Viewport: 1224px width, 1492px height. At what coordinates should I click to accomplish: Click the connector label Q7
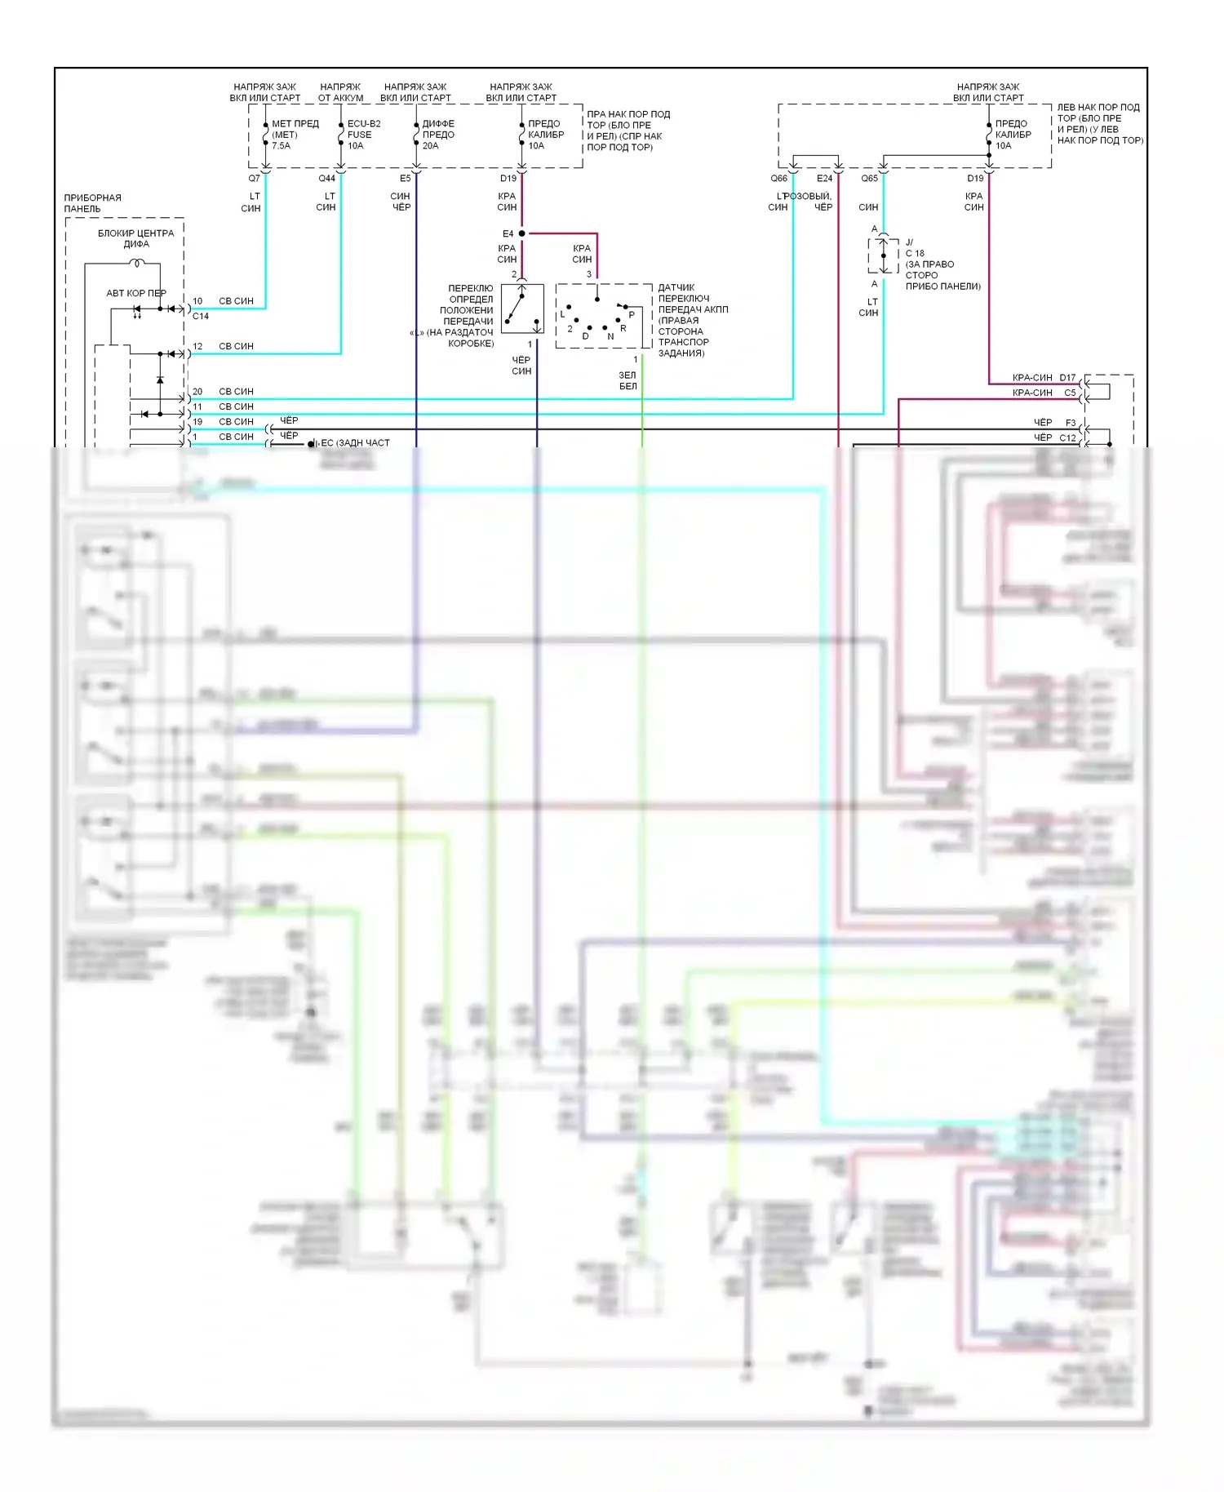(x=254, y=178)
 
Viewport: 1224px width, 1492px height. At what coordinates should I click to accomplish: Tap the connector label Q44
(x=326, y=178)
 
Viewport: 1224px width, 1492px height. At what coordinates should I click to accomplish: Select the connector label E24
(x=824, y=178)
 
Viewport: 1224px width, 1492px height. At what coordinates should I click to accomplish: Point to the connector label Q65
(x=869, y=178)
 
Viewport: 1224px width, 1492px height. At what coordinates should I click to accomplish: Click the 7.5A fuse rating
(x=281, y=146)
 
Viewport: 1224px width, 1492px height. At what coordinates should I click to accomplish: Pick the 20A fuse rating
(x=430, y=146)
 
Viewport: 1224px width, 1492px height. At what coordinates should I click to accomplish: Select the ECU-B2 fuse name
(x=364, y=124)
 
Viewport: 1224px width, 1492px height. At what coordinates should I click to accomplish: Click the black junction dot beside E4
(x=522, y=233)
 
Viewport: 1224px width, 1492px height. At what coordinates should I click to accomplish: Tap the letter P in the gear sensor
(x=632, y=315)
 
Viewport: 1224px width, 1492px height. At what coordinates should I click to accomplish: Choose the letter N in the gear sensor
(x=610, y=336)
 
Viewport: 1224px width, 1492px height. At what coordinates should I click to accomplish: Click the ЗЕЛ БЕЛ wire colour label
(x=628, y=380)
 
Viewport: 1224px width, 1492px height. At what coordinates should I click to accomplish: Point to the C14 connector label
(x=201, y=316)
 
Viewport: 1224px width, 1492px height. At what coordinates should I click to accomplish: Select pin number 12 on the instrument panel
(x=197, y=346)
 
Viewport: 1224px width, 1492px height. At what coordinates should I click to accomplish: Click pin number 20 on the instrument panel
(x=197, y=392)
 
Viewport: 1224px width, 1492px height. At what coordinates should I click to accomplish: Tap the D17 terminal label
(x=1067, y=378)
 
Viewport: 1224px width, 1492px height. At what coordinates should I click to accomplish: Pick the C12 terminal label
(x=1067, y=438)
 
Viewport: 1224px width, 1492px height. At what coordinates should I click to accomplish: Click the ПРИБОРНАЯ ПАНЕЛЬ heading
(x=92, y=203)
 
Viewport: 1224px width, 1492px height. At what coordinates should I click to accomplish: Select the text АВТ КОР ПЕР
(x=136, y=293)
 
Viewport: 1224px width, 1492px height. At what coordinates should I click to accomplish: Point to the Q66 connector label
(x=778, y=178)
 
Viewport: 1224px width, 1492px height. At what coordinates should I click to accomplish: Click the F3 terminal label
(x=1071, y=423)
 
